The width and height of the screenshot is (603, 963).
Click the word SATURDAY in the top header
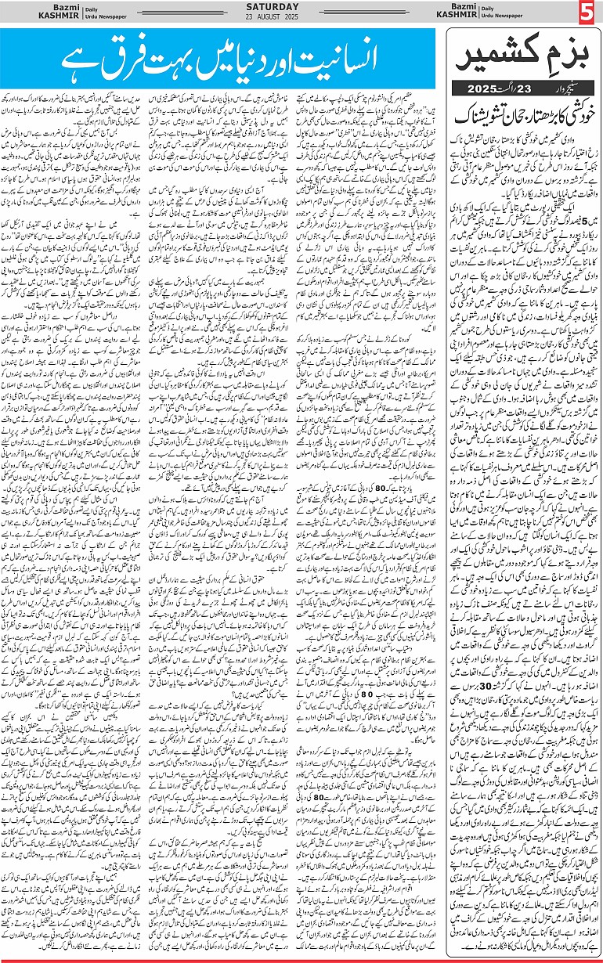coord(301,9)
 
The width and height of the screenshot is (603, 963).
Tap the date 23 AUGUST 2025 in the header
coord(301,19)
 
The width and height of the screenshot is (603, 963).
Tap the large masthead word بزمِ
coord(565,56)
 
